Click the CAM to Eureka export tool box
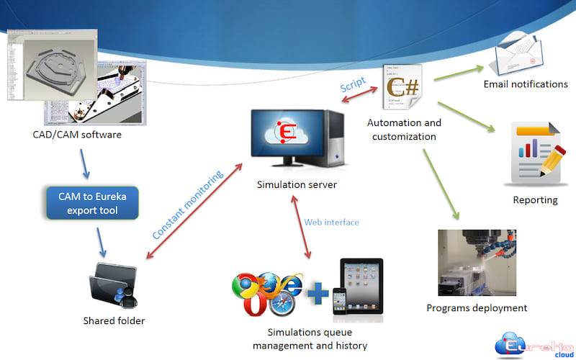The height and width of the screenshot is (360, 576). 91,204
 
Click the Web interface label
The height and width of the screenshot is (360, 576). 331,222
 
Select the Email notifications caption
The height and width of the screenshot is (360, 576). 526,84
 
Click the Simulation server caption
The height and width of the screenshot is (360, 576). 297,185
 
